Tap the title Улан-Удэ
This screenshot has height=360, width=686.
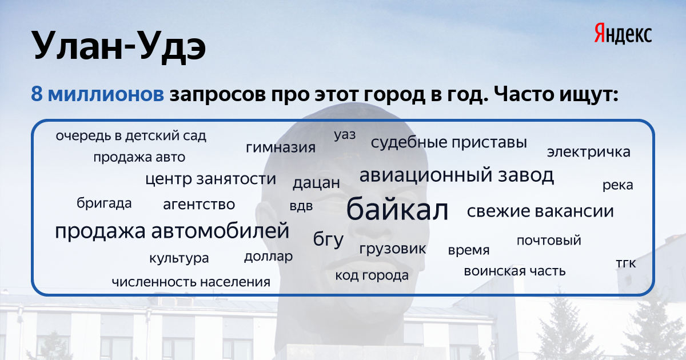point(118,46)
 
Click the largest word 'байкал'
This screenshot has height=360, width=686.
point(397,209)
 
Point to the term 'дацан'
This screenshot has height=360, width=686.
point(316,183)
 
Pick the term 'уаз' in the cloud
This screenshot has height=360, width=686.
point(345,135)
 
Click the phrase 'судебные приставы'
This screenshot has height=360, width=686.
point(449,142)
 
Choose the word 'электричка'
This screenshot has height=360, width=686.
point(589,152)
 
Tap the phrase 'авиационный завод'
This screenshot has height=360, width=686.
point(457,175)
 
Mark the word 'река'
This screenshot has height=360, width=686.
point(618,185)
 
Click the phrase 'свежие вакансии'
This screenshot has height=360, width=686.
point(540,211)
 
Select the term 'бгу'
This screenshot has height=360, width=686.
point(328,239)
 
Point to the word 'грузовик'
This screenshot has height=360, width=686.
point(393,249)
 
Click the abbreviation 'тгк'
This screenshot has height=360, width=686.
point(626,263)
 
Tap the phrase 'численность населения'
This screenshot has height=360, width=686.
point(191,282)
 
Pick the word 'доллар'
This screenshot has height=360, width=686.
point(268,257)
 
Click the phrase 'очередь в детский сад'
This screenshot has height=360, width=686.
point(131,136)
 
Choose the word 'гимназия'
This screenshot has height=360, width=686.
point(281,147)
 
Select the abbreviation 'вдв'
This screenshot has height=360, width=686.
point(301,206)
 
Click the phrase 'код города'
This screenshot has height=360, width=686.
point(372,275)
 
